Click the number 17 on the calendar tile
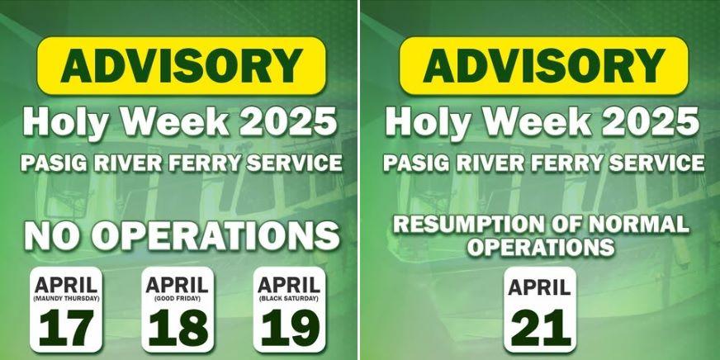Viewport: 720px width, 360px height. pyautogui.click(x=66, y=328)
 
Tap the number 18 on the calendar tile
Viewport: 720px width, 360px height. pyautogui.click(x=178, y=328)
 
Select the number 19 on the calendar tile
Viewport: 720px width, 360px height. pyautogui.click(x=289, y=328)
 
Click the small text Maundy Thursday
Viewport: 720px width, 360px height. pyautogui.click(x=66, y=297)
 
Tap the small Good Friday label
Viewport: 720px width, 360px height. pyautogui.click(x=178, y=297)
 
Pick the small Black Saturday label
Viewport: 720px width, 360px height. pyautogui.click(x=289, y=297)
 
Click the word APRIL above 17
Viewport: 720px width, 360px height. pyautogui.click(x=66, y=286)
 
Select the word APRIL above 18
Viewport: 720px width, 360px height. pyautogui.click(x=178, y=286)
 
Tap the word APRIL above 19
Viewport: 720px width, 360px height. pyautogui.click(x=289, y=286)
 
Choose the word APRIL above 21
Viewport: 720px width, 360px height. pyautogui.click(x=539, y=288)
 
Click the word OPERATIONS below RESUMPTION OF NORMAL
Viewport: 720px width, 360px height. pyautogui.click(x=539, y=247)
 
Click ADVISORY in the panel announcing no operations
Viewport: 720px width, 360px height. pyautogui.click(x=181, y=66)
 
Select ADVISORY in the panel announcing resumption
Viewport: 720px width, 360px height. pyautogui.click(x=543, y=66)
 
